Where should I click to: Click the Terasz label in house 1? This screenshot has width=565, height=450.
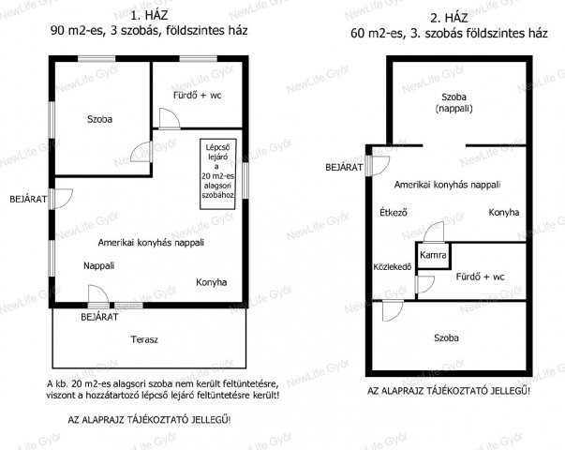click(x=144, y=339)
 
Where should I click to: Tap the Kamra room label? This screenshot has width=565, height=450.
click(x=433, y=255)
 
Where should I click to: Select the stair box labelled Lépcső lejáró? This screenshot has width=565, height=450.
click(x=218, y=174)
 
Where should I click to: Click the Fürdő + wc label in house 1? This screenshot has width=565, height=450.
click(x=197, y=96)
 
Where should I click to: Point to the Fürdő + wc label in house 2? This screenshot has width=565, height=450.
click(x=480, y=277)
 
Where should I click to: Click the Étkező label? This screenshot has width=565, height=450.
click(x=394, y=213)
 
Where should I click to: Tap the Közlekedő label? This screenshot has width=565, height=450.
click(x=393, y=267)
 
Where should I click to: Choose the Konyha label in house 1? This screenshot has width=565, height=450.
click(x=211, y=282)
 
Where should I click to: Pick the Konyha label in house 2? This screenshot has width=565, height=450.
click(x=504, y=212)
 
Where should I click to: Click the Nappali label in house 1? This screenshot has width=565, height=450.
click(x=98, y=265)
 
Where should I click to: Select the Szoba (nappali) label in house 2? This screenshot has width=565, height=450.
click(x=453, y=102)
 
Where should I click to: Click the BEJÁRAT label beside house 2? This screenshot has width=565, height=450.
click(x=344, y=167)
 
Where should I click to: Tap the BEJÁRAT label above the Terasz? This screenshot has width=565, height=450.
click(x=99, y=317)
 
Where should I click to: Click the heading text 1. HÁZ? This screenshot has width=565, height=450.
click(x=149, y=16)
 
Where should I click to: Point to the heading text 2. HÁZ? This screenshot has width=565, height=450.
click(x=449, y=18)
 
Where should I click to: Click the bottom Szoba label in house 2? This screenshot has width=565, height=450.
click(x=446, y=337)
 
